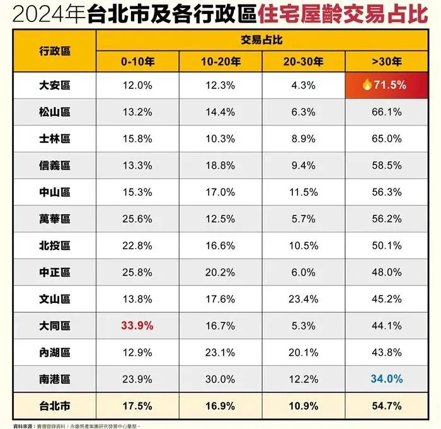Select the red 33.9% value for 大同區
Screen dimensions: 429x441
pyautogui.click(x=137, y=326)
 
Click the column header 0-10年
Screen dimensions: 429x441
pyautogui.click(x=137, y=62)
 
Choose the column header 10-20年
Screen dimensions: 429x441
pyautogui.click(x=220, y=62)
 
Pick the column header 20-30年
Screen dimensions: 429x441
pyautogui.click(x=304, y=62)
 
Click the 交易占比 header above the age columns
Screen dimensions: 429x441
pyautogui.click(x=261, y=39)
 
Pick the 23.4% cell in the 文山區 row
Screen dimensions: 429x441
pyautogui.click(x=304, y=299)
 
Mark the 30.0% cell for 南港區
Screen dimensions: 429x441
pyautogui.click(x=220, y=380)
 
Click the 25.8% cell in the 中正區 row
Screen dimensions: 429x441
pyautogui.click(x=137, y=273)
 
